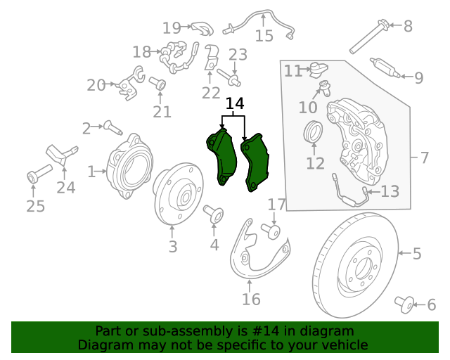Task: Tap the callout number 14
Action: (x=234, y=104)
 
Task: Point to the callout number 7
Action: (x=424, y=157)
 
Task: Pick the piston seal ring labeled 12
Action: (x=313, y=132)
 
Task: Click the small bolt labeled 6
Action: (x=404, y=303)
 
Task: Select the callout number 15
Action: (x=264, y=36)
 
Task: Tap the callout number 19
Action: (x=172, y=27)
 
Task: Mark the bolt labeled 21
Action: (x=159, y=85)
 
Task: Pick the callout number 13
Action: (x=390, y=191)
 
